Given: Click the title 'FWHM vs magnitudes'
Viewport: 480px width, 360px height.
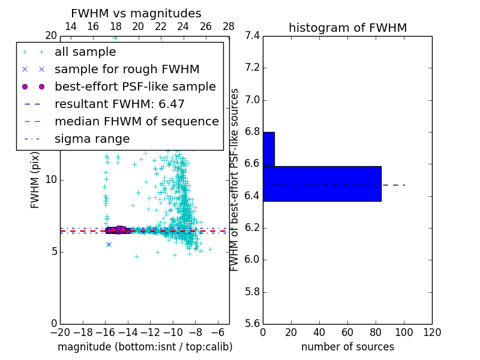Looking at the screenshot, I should (136, 13).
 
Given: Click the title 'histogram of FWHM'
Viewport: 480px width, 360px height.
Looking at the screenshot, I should (347, 28).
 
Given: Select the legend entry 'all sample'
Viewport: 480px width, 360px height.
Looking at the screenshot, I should (85, 52).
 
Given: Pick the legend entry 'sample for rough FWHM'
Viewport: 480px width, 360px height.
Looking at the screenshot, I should (127, 69).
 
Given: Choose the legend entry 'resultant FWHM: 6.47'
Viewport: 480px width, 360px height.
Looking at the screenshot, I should (119, 104).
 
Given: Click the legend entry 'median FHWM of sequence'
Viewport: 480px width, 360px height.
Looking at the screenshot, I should (136, 121).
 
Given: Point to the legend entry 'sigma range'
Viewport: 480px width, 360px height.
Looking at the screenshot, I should (92, 139).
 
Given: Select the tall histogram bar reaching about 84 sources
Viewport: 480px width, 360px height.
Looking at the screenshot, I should (322, 184).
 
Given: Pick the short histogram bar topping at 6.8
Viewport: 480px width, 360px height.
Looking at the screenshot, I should (269, 149).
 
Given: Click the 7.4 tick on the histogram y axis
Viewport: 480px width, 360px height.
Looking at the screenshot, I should (253, 36).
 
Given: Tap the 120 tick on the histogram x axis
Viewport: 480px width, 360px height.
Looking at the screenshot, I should (432, 332).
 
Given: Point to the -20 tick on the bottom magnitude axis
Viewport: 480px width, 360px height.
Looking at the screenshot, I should (60, 332).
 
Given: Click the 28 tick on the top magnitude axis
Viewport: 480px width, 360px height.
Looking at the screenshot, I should (229, 26).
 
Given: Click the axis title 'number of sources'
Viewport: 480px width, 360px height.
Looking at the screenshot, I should (347, 347).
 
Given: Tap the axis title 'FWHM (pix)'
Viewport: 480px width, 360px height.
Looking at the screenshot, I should (35, 180).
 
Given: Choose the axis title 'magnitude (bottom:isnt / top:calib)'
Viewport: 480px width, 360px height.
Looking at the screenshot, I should (145, 347).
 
